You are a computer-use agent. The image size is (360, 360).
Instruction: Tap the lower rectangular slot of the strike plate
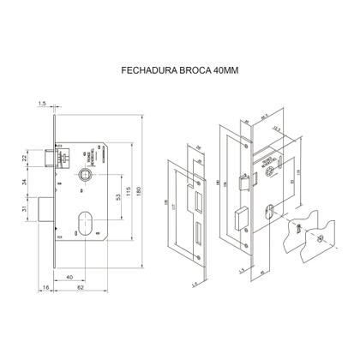click(x=196, y=231)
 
